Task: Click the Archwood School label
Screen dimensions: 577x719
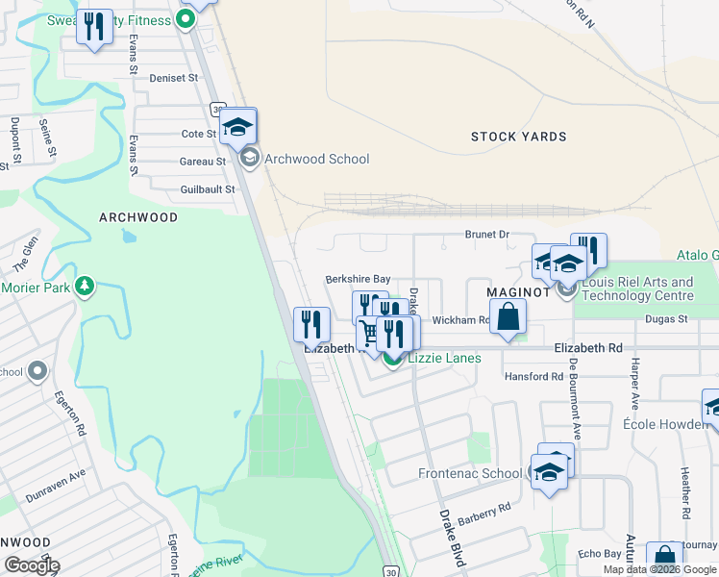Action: (316, 159)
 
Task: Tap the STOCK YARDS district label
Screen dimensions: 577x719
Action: (518, 137)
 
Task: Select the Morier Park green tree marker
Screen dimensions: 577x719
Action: (86, 287)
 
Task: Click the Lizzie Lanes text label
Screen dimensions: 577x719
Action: (444, 359)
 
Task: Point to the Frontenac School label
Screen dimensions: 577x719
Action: (470, 473)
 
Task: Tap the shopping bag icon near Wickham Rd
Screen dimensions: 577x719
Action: (508, 315)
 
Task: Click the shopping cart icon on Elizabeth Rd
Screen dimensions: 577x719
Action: (369, 333)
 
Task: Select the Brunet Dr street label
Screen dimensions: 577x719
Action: (486, 235)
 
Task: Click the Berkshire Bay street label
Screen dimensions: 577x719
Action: (358, 278)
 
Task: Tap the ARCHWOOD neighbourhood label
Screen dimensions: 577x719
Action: (138, 217)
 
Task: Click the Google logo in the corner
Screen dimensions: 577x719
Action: (31, 565)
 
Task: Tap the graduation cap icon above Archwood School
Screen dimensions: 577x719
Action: (237, 126)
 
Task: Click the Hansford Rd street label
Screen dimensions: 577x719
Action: (533, 376)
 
